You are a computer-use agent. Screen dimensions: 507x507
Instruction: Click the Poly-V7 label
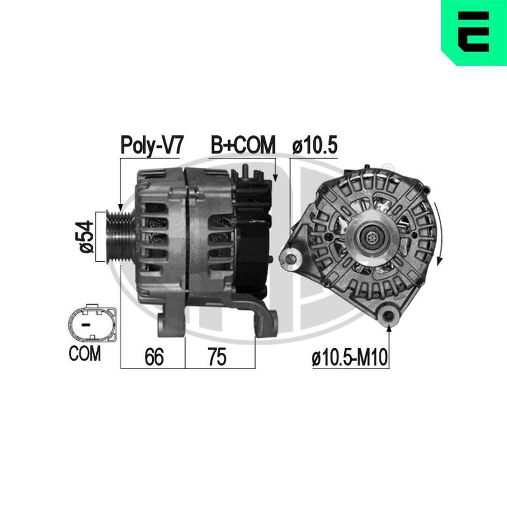pyautogui.click(x=151, y=144)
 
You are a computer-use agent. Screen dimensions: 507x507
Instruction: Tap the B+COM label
pyautogui.click(x=243, y=144)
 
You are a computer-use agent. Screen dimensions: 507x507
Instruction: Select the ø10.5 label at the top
pyautogui.click(x=315, y=146)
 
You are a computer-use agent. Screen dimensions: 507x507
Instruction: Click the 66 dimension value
pyautogui.click(x=154, y=357)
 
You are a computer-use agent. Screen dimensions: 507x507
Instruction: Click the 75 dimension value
pyautogui.click(x=217, y=357)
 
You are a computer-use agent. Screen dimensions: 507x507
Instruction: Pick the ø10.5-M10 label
pyautogui.click(x=350, y=359)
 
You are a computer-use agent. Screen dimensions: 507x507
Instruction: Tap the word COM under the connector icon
pyautogui.click(x=85, y=354)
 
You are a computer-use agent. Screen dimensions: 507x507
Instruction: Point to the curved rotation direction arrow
pyautogui.click(x=439, y=233)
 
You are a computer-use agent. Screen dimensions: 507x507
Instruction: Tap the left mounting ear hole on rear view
pyautogui.click(x=291, y=258)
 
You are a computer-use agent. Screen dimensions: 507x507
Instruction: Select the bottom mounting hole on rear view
pyautogui.click(x=389, y=316)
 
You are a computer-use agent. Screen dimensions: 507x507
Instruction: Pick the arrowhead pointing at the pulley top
pyautogui.click(x=120, y=207)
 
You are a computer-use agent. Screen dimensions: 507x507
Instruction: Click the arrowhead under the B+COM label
pyautogui.click(x=275, y=178)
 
